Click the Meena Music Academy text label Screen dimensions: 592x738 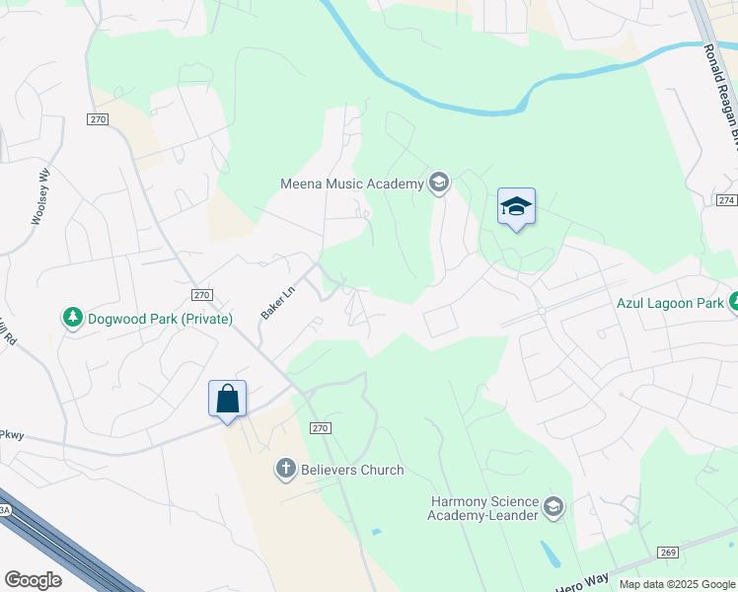tap(351, 183)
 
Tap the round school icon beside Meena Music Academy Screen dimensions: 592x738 tap(439, 183)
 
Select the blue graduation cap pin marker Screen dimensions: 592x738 tap(516, 207)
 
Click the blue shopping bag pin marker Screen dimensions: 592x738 tap(227, 400)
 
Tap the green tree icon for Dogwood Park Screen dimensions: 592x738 tap(72, 318)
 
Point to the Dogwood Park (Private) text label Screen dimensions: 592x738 tap(160, 319)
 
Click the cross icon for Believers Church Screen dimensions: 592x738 tap(286, 469)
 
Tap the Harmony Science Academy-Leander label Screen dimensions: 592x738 tap(483, 507)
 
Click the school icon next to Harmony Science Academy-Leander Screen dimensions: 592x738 tap(553, 508)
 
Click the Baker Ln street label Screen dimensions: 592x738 tap(278, 302)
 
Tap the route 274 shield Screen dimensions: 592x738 tap(727, 199)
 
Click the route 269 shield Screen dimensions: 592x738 tap(668, 552)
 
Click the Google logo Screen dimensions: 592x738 tap(33, 580)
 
